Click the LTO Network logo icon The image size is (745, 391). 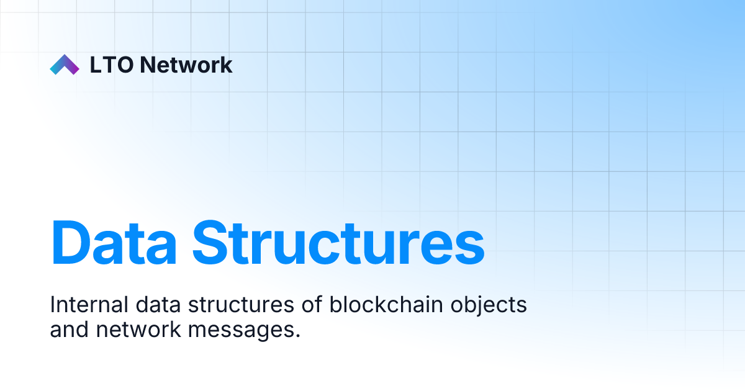pyautogui.click(x=65, y=65)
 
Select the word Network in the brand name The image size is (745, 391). pyautogui.click(x=186, y=65)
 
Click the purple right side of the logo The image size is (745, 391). pyautogui.click(x=73, y=67)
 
